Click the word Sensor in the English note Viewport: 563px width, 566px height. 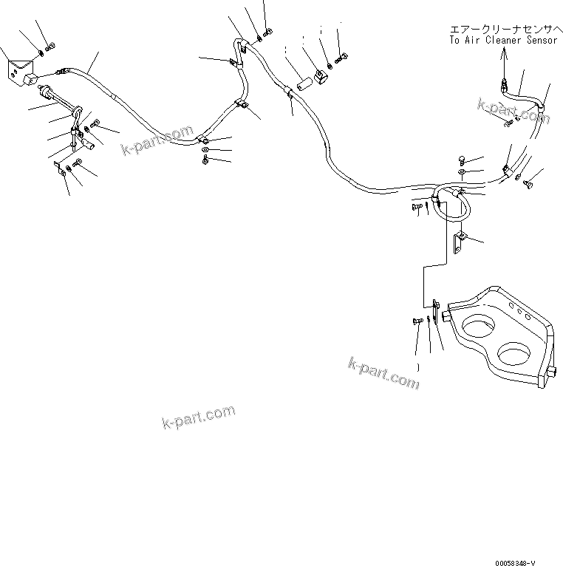point(538,40)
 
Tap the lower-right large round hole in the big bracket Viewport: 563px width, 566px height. point(516,353)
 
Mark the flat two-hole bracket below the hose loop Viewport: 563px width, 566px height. point(459,242)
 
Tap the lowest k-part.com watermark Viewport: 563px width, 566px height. point(197,417)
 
